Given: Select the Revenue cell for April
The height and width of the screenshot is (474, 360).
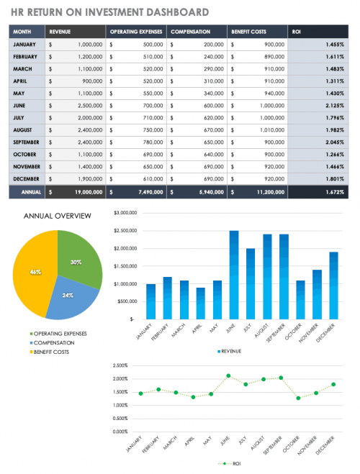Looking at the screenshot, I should coord(76,81).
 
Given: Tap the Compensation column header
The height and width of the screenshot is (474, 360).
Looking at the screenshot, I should coord(197,32).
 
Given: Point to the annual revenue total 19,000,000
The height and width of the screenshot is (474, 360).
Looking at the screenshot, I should coord(76,192).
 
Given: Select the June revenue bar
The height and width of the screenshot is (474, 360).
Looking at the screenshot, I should coord(233,275).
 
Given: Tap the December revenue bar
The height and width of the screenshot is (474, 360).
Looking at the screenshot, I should coord(333,286).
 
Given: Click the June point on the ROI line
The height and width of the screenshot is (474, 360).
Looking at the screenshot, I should coord(228,375).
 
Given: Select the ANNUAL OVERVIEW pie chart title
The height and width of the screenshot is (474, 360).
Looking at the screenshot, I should coord(58,216).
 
